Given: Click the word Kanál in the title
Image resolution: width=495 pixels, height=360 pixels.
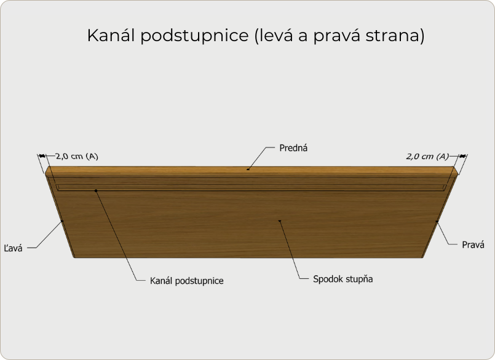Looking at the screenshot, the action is coord(111,35).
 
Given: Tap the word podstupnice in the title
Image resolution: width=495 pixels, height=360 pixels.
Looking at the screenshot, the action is coord(194,36).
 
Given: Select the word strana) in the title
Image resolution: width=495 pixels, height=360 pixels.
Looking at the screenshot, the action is coord(395,36).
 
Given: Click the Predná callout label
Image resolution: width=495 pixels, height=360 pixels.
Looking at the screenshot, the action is coord(293,148).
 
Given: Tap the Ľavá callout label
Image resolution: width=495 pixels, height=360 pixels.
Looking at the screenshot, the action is coord(14,248).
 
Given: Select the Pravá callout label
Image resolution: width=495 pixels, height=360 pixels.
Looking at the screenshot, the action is coord(473,245).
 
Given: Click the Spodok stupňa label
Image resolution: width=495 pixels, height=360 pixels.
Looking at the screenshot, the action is coord(343,279).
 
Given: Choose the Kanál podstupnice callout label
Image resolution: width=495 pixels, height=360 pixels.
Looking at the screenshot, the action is coord(186,281).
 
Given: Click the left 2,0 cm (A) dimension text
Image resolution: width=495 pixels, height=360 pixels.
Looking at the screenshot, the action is coord(77,156).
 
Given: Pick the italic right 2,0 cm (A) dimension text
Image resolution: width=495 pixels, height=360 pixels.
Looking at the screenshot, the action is coord(427,157).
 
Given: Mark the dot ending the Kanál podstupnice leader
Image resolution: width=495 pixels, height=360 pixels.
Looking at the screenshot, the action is coord(96,190).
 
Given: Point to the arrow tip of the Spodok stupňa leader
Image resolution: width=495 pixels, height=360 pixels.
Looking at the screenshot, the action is coord(279,221).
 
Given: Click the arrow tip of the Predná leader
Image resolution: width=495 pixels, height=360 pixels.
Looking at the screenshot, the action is coord(248,170).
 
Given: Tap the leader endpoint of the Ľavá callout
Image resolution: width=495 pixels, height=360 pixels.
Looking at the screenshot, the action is coord(63,221).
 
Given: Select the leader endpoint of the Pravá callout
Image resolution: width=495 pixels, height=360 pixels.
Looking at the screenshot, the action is coord(437,221).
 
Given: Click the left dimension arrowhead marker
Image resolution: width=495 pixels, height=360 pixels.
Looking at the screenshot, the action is coord(42,155).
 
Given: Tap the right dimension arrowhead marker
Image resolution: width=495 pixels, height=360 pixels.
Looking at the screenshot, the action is coord(462,155).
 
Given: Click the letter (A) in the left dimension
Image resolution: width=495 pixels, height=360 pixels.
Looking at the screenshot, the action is coord(92,156).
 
